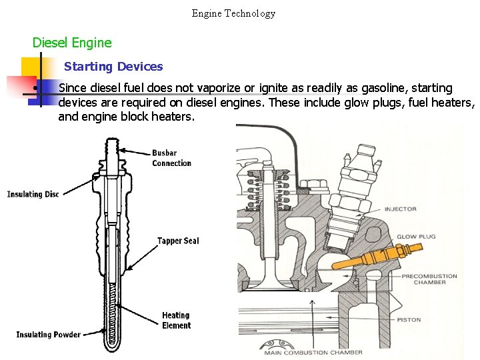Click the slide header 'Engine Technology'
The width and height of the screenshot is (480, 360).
pos(233,13)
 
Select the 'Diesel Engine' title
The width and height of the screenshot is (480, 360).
pos(72,43)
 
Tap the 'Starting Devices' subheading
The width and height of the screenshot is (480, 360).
pos(113,67)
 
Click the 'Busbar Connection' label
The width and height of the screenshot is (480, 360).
pos(171,158)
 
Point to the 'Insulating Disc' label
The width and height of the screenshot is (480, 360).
pos(33,194)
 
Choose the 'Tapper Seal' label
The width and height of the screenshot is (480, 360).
pos(178,241)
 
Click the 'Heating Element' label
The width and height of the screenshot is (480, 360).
pos(176,320)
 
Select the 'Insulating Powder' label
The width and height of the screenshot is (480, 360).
pos(49,335)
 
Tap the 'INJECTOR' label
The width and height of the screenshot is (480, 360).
pos(400,209)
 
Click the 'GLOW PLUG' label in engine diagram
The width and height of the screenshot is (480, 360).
pos(416,237)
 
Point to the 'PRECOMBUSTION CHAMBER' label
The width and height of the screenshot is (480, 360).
pos(429,279)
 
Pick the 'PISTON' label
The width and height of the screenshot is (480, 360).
pos(409,319)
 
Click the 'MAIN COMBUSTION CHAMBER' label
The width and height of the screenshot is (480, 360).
pos(313,352)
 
